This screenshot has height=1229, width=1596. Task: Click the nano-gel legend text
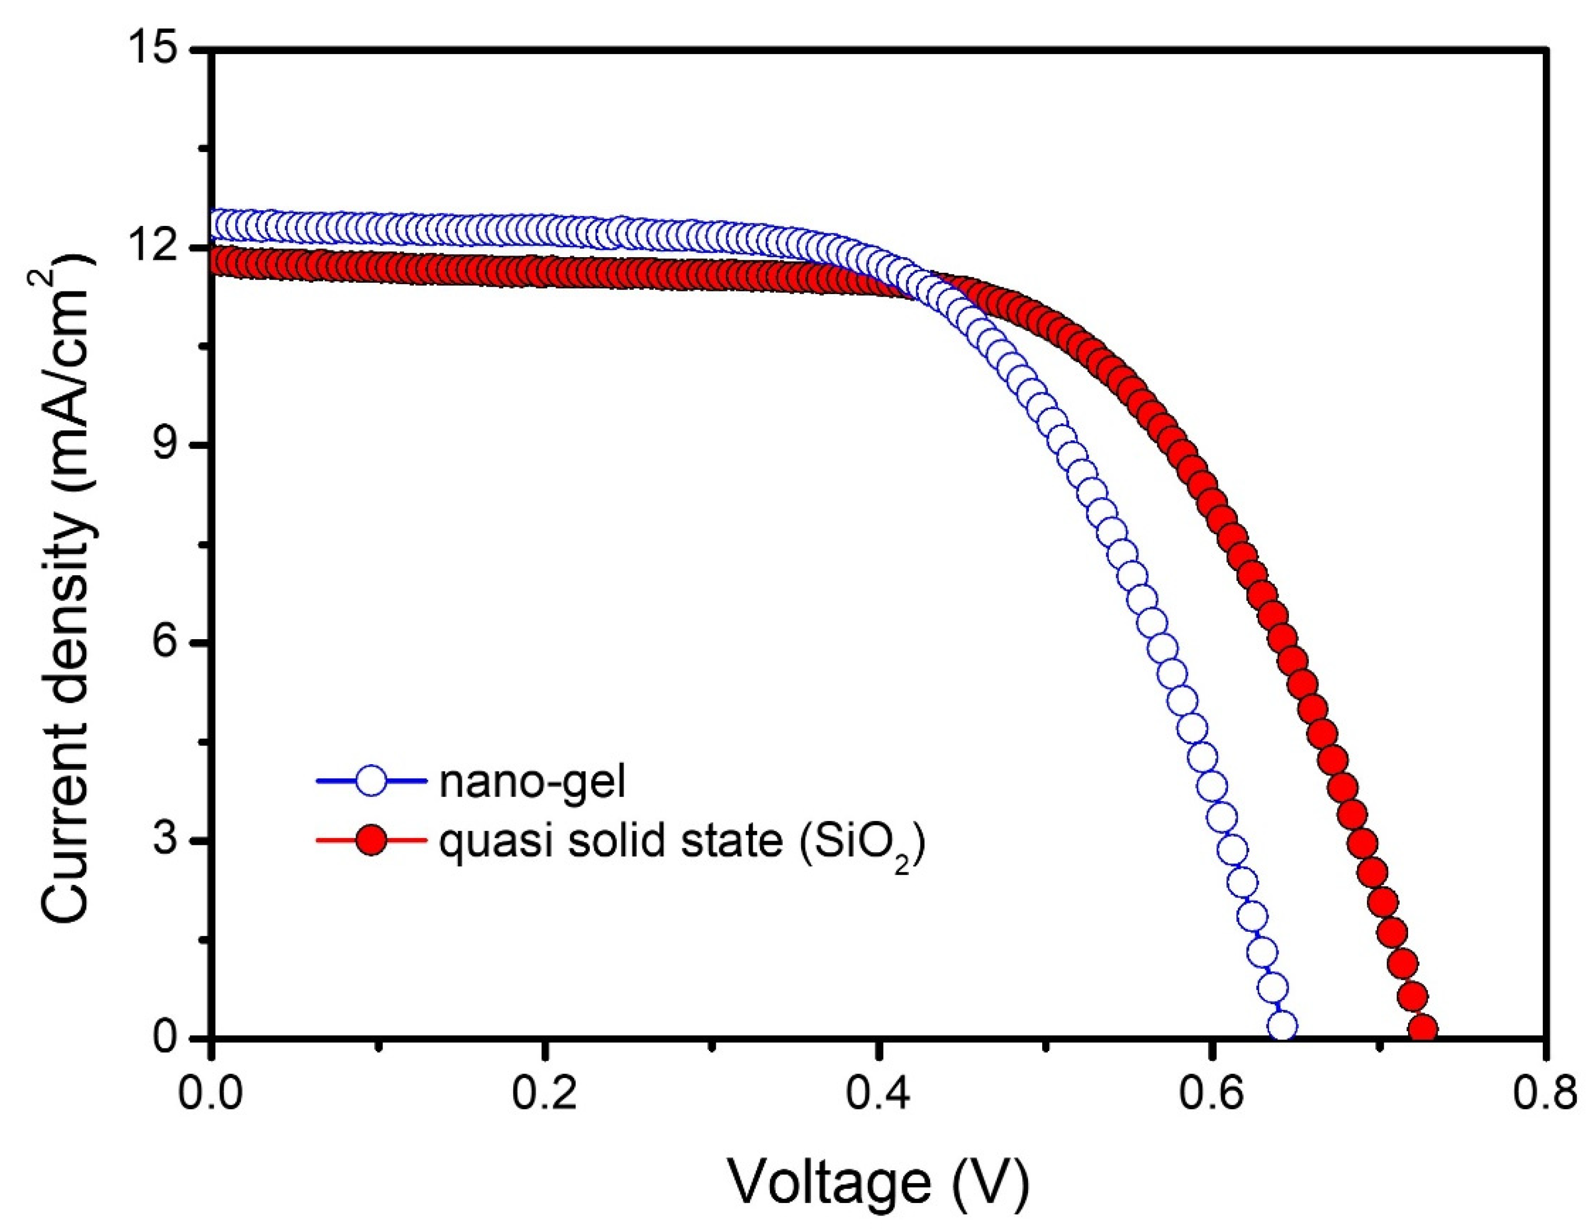pyautogui.click(x=532, y=781)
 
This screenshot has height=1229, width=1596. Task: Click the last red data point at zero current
pyautogui.click(x=1423, y=1030)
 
